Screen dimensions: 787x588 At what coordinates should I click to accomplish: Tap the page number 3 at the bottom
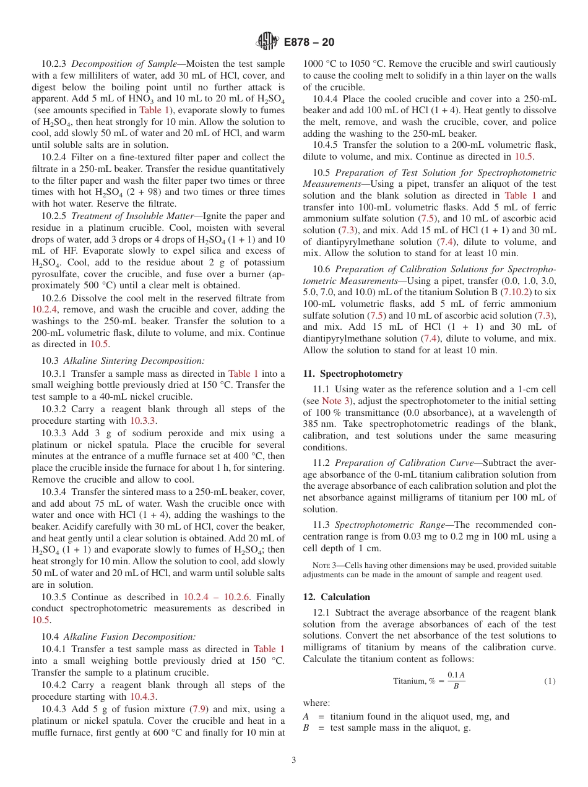(294, 760)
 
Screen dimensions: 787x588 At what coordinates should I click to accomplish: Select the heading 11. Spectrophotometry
(353, 374)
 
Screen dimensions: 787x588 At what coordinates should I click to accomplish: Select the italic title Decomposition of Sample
(127, 64)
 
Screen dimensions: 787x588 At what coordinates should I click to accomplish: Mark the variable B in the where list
(306, 728)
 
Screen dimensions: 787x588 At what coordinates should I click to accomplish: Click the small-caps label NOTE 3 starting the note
(325, 566)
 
